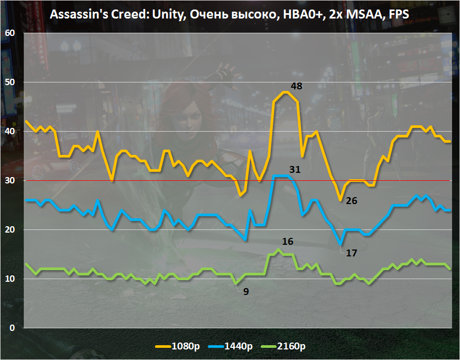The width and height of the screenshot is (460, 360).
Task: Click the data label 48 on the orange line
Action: click(296, 86)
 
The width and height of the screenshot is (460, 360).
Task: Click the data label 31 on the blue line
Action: click(295, 170)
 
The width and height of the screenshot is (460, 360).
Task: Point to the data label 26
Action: click(352, 201)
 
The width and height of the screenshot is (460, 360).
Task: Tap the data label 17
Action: click(352, 253)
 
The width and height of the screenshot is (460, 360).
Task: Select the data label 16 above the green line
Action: click(288, 242)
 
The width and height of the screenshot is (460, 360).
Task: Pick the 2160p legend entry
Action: click(286, 347)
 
